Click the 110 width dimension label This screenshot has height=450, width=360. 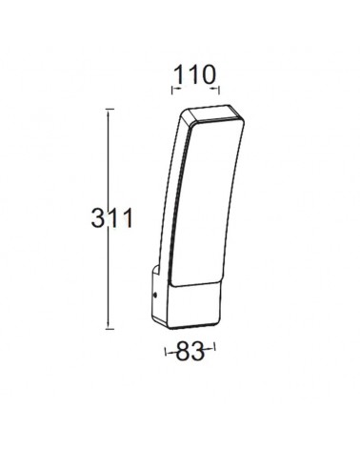coord(193,72)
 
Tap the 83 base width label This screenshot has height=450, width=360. coord(191,353)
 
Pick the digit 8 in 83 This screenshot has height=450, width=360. coord(184,353)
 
